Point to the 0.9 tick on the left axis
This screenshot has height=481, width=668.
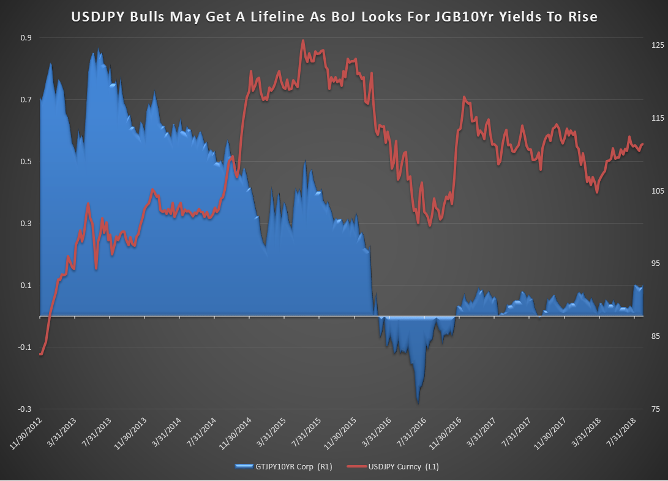click(26, 38)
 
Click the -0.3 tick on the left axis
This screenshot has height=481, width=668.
click(24, 409)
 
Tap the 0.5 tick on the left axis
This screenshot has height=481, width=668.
click(26, 162)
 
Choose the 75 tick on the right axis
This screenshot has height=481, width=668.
click(655, 409)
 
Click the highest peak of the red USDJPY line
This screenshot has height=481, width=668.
click(304, 41)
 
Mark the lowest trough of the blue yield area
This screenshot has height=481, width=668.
click(418, 403)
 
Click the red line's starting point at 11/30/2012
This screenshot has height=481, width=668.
click(40, 354)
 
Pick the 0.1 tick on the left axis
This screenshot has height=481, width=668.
click(26, 286)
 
